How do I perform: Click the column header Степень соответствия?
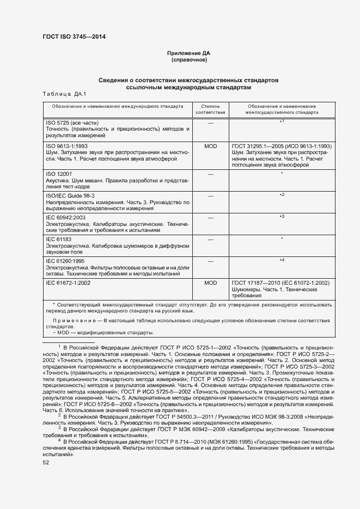210,109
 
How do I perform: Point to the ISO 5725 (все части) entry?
72,122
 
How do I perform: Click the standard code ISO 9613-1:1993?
67,147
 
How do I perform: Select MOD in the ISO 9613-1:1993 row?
210,147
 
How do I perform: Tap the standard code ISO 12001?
60,174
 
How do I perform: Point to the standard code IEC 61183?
59,239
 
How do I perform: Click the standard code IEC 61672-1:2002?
69,283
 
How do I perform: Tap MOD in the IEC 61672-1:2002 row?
210,283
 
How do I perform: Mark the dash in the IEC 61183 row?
210,239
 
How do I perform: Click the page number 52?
46,463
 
